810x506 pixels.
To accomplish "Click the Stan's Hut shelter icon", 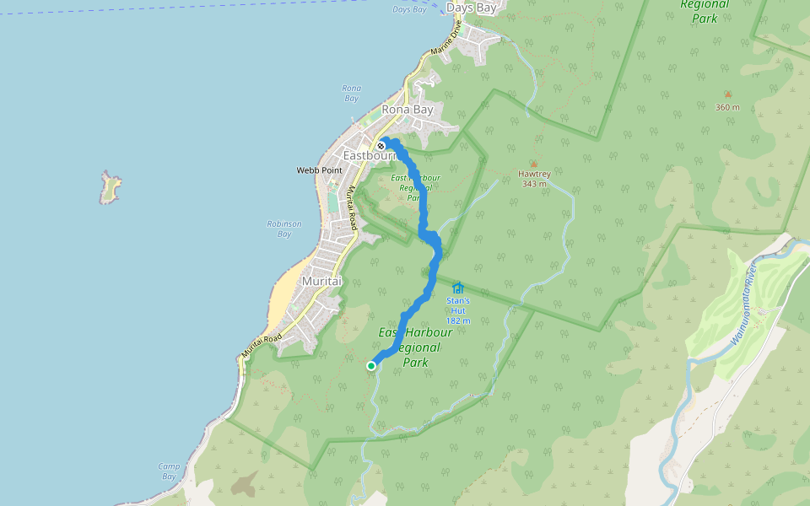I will (x=458, y=288).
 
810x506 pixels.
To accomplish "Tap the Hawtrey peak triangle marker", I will (x=533, y=164).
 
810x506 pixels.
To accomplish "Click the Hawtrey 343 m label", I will (x=533, y=180).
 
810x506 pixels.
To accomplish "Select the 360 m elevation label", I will (x=727, y=107).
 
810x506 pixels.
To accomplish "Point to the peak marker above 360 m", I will (x=727, y=94).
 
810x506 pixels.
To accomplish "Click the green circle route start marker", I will (x=371, y=365).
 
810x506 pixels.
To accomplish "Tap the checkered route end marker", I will (x=381, y=145).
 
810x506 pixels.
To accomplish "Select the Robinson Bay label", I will (x=284, y=229).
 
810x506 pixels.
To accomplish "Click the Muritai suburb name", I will (x=321, y=280).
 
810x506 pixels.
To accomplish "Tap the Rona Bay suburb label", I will (x=408, y=110).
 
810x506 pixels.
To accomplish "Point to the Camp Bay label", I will (x=169, y=471).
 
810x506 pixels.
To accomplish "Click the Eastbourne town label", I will (x=369, y=156).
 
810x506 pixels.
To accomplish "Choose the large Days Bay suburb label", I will (x=471, y=8).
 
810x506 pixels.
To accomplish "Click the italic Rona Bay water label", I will (x=351, y=93).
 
